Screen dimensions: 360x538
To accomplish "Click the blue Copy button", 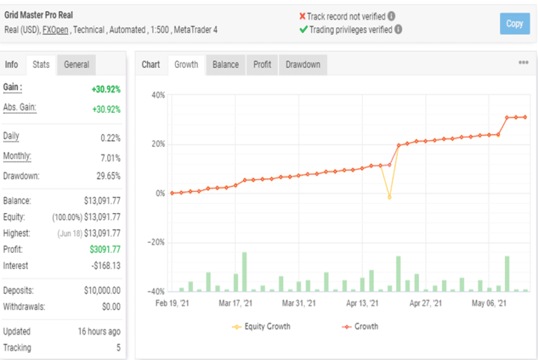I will pos(514,24).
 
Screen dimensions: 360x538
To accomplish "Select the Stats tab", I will pos(41,64).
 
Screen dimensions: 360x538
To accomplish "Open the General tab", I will pos(76,64).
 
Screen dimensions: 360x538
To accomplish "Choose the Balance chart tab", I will pos(226,64).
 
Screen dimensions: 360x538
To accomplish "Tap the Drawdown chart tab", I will pos(303,64).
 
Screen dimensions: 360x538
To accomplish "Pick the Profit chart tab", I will pos(262,64).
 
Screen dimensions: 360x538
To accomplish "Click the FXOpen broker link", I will pos(55,29).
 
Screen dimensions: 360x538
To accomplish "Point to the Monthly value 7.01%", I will pos(110,158).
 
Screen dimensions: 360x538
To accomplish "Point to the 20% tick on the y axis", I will pos(158,144).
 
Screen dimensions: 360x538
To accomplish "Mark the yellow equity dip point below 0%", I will pos(389,198).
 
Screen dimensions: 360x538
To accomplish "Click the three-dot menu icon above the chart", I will pos(523,63).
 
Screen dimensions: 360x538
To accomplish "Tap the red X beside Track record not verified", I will pos(302,16).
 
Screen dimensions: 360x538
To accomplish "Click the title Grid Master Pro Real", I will pos(39,15).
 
